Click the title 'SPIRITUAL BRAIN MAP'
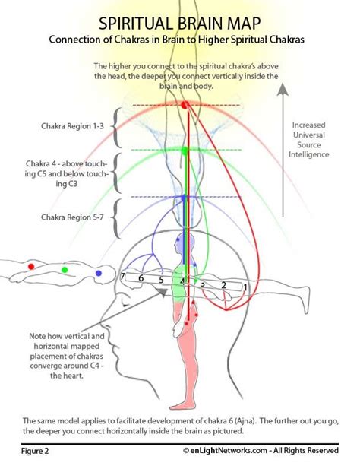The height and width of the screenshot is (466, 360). click(x=180, y=24)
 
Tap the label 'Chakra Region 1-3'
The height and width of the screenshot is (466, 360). click(x=72, y=126)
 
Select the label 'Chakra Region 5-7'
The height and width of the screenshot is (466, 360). click(x=72, y=217)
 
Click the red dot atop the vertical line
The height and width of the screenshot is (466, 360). click(x=185, y=105)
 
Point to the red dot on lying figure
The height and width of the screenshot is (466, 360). click(x=31, y=267)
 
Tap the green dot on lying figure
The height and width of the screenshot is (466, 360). click(x=65, y=270)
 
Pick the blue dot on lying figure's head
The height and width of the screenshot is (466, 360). click(x=98, y=273)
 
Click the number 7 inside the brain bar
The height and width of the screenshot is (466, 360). click(x=122, y=276)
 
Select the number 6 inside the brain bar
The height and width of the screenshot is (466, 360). click(x=141, y=278)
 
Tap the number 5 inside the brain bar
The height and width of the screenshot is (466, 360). click(x=161, y=280)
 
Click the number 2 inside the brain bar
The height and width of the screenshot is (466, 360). click(x=223, y=285)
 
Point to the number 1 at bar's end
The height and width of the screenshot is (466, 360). click(x=245, y=287)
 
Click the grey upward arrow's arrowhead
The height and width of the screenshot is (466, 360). click(x=283, y=89)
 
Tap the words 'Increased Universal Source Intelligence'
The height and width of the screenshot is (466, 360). click(x=309, y=140)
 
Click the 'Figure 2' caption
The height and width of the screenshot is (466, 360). click(x=35, y=451)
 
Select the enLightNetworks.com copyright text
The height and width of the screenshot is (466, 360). click(x=261, y=450)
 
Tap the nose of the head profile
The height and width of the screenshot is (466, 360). click(x=105, y=319)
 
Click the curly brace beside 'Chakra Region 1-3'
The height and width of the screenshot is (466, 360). click(x=116, y=127)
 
